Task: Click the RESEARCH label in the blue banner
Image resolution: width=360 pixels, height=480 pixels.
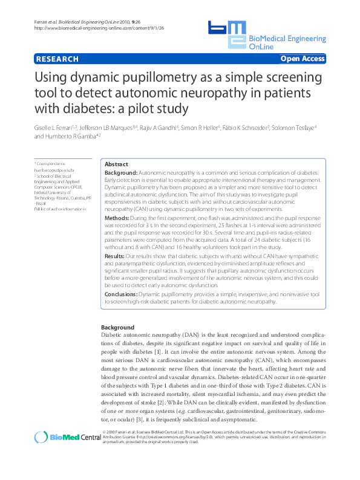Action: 57,59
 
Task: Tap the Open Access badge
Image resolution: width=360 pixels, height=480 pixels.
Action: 303,59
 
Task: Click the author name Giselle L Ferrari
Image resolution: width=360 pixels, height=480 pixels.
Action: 56,128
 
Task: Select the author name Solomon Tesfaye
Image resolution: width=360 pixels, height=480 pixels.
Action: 295,128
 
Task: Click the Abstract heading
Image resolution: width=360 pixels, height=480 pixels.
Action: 116,164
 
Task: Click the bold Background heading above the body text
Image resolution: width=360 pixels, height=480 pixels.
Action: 117,327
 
